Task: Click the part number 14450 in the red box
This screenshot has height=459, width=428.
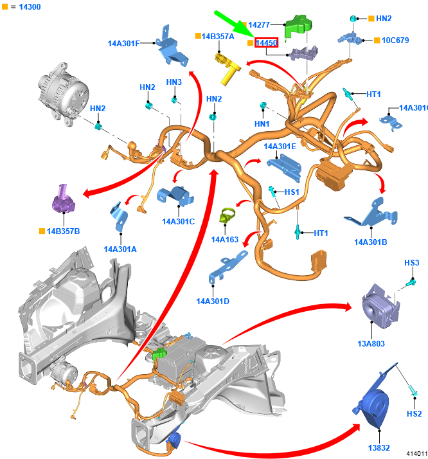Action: pyautogui.click(x=266, y=43)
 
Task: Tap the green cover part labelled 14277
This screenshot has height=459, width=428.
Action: pyautogui.click(x=298, y=26)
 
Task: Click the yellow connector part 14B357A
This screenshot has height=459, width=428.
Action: pyautogui.click(x=227, y=69)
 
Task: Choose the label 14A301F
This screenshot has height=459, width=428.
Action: pyautogui.click(x=124, y=44)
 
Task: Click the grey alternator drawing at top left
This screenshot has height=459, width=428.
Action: pyautogui.click(x=63, y=94)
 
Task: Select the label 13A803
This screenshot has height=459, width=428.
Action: pyautogui.click(x=371, y=344)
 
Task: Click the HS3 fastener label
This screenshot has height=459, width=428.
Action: pyautogui.click(x=412, y=263)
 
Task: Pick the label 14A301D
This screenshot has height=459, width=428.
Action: pyautogui.click(x=213, y=301)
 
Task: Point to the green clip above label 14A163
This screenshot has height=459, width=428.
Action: pyautogui.click(x=227, y=216)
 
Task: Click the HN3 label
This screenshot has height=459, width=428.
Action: pyautogui.click(x=174, y=82)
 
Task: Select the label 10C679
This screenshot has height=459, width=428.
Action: pyautogui.click(x=395, y=40)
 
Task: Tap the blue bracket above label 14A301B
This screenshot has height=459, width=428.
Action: pyautogui.click(x=371, y=212)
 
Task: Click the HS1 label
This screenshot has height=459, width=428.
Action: pyautogui.click(x=292, y=192)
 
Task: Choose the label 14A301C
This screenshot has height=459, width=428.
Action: pyautogui.click(x=178, y=222)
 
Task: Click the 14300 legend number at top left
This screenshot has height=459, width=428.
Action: pyautogui.click(x=30, y=6)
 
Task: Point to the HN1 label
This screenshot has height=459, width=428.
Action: pyautogui.click(x=262, y=124)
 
